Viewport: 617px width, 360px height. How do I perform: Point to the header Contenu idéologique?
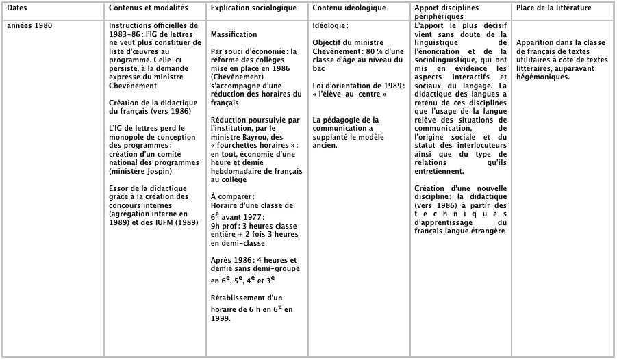click(x=349, y=8)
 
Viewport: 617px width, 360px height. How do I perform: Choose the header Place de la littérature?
click(x=554, y=8)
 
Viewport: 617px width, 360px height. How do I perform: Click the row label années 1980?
click(x=29, y=25)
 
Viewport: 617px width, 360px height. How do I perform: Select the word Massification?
click(x=234, y=34)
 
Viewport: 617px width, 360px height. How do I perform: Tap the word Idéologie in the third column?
click(x=329, y=25)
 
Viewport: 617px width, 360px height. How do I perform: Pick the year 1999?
click(x=221, y=318)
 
